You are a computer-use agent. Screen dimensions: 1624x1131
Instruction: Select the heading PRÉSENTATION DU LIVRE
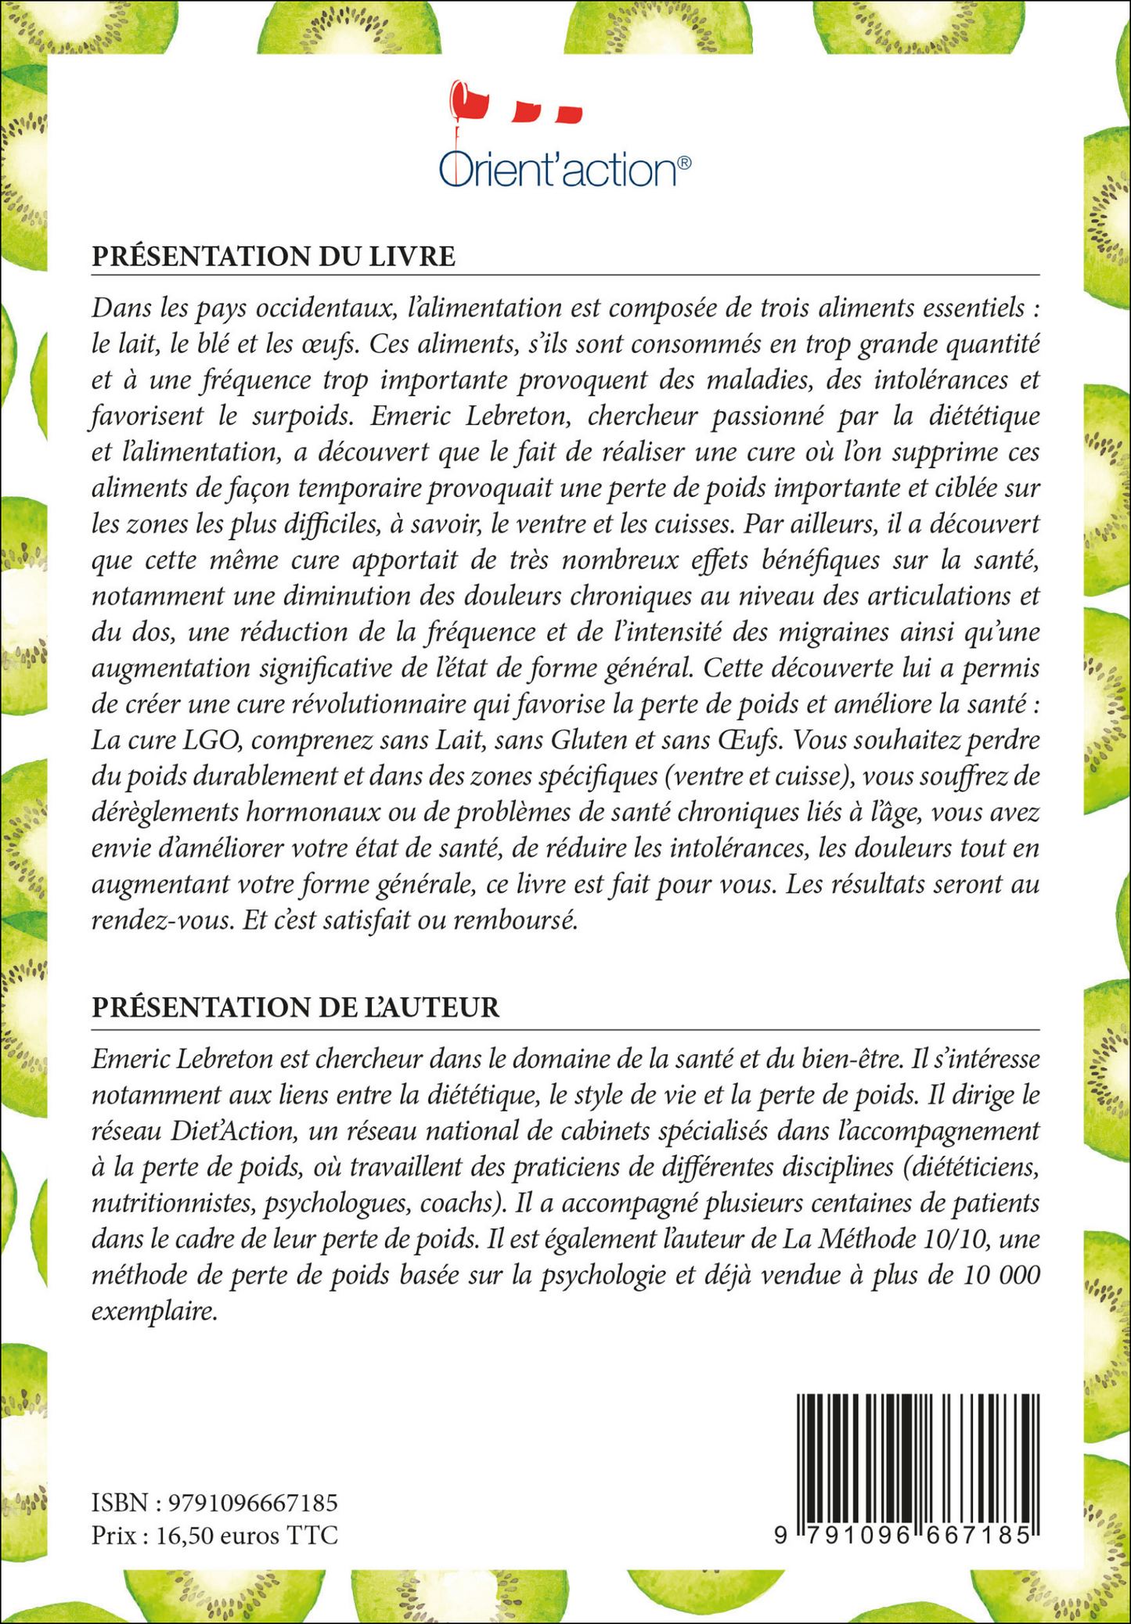273,257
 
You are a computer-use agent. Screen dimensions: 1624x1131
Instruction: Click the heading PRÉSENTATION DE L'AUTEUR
295,1007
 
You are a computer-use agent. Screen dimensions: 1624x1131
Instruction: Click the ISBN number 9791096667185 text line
214,1503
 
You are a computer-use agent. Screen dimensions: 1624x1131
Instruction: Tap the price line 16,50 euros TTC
214,1536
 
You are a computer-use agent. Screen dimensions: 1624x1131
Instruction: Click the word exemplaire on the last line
153,1312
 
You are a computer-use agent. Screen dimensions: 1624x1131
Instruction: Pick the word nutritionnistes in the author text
174,1203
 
